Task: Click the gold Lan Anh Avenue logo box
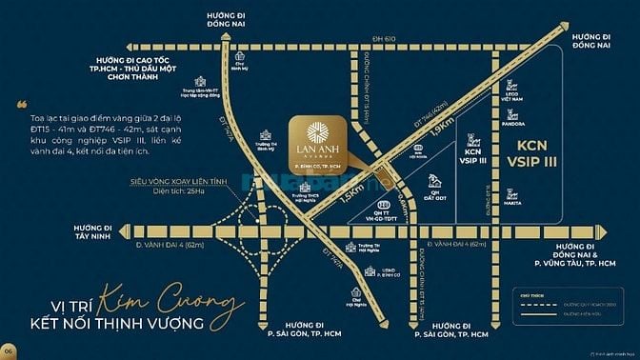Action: [x=318, y=144]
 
